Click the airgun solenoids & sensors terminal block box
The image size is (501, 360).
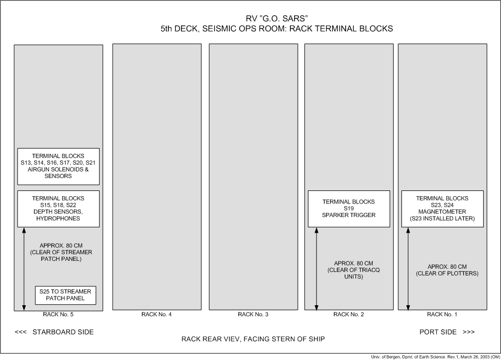(58, 166)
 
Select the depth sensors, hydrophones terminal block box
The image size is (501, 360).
(58, 209)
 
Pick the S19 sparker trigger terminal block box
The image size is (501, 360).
(349, 209)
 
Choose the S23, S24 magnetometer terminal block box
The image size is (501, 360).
(442, 209)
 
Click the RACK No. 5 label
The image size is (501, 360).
(58, 314)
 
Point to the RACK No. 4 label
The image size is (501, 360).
(156, 314)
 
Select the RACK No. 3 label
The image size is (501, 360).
(253, 314)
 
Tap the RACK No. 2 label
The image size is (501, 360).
(349, 314)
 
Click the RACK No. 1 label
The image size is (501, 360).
(442, 314)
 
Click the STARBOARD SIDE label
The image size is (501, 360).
(55, 332)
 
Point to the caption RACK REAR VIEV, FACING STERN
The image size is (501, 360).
(253, 339)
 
